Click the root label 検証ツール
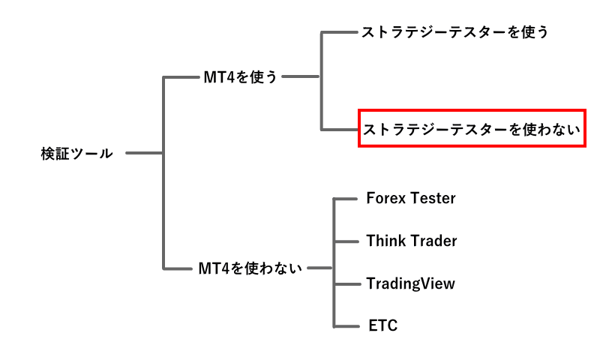tap(76, 154)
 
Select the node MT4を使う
tap(240, 76)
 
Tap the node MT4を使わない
tap(250, 268)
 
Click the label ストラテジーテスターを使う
tap(455, 32)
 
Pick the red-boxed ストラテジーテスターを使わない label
tap(472, 129)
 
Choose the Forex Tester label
tap(411, 199)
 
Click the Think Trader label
tap(412, 241)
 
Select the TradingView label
tap(410, 283)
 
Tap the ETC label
tap(383, 325)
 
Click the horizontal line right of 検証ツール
tap(144, 154)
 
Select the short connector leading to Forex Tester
tap(344, 199)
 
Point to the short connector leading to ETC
tap(344, 325)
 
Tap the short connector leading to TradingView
tap(344, 283)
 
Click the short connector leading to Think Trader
tap(344, 241)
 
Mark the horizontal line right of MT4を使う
tap(301, 76)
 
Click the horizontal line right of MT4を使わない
tap(320, 268)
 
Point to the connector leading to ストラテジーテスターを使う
tap(339, 32)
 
